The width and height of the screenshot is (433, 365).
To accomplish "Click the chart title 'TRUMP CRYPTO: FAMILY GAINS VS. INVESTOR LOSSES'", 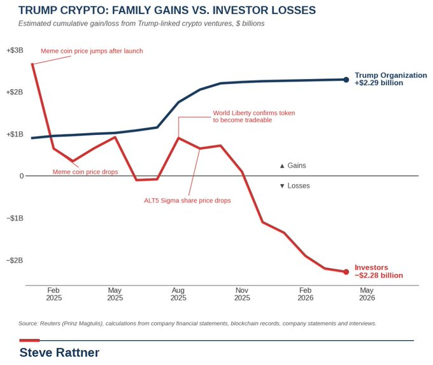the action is pos(167,10).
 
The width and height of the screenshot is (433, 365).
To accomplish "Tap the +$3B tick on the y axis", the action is pos(15,50).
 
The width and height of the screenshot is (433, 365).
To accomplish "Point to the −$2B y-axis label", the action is pos(15,261).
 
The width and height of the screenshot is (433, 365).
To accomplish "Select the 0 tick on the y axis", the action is pos(22,176).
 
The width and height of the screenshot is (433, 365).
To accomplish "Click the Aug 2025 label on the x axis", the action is pos(178,294).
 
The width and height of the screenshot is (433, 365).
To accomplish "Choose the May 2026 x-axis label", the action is pos(367,294).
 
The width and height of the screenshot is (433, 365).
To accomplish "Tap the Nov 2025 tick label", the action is pos(242,294).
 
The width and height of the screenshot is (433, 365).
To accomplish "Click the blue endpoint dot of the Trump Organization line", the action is pos(346,80).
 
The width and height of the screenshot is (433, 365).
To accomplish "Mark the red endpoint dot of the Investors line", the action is pos(346,272).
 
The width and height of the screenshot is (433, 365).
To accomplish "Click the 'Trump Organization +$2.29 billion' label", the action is pos(391,79).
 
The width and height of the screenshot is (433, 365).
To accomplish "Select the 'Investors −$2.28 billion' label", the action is pos(379,271).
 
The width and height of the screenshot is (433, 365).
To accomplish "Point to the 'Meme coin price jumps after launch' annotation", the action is pos(92,51).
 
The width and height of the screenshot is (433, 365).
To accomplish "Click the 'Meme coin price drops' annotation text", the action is pos(85,172).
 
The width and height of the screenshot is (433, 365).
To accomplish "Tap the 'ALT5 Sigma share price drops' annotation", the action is pos(187,200).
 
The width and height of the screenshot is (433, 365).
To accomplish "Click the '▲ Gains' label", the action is pos(293,166).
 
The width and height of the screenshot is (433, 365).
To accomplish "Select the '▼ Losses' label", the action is pos(295,185).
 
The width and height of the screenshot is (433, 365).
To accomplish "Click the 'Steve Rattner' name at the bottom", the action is pos(59,352).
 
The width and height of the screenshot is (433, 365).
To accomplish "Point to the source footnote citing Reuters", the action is pos(197,324).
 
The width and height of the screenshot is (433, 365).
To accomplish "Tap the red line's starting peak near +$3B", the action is pos(32,64).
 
